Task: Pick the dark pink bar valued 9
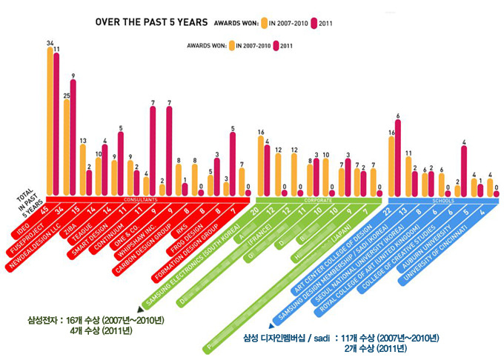73,137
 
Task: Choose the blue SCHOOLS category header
442,200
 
